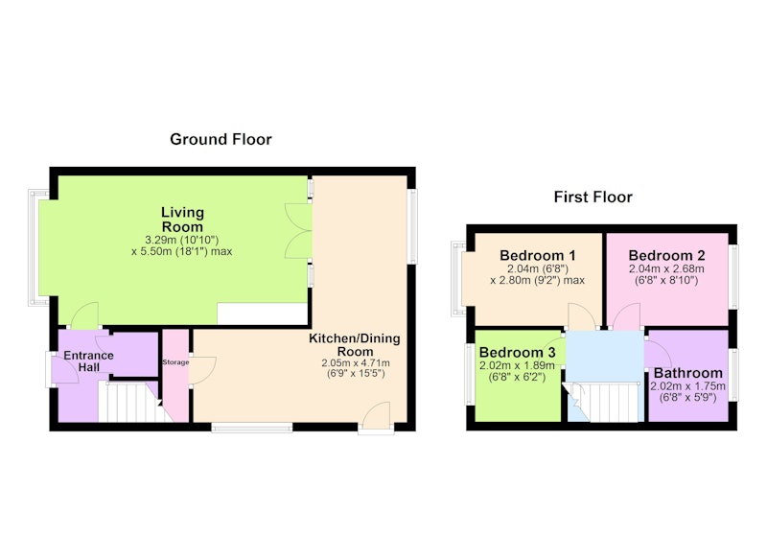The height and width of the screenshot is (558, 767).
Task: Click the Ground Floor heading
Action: coord(221,139)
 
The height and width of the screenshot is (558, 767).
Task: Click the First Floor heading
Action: coord(593,198)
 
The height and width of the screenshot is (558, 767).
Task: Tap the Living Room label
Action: coord(182,220)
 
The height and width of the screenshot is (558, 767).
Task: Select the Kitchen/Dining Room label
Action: coord(354,345)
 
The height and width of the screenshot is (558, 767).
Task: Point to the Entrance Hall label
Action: coord(88,361)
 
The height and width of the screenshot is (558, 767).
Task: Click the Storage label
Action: coord(175,362)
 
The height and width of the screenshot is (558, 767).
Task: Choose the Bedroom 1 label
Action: coord(538,255)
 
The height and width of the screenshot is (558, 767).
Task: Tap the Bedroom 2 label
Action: coord(666,255)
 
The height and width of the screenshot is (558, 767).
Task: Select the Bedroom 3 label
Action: coord(517,352)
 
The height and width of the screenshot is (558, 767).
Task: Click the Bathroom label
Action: coord(687,373)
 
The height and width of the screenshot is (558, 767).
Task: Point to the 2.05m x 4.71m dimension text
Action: coord(356,363)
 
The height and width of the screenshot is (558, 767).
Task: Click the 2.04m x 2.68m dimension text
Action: coord(666,268)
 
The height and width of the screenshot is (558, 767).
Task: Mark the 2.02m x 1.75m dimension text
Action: coord(687,385)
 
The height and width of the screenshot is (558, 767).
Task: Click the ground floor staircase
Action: coord(133,402)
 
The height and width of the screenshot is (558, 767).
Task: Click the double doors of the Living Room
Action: coord(298,231)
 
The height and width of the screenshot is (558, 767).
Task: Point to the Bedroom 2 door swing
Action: coord(626,316)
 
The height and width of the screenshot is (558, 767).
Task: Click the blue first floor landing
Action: coord(605,356)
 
